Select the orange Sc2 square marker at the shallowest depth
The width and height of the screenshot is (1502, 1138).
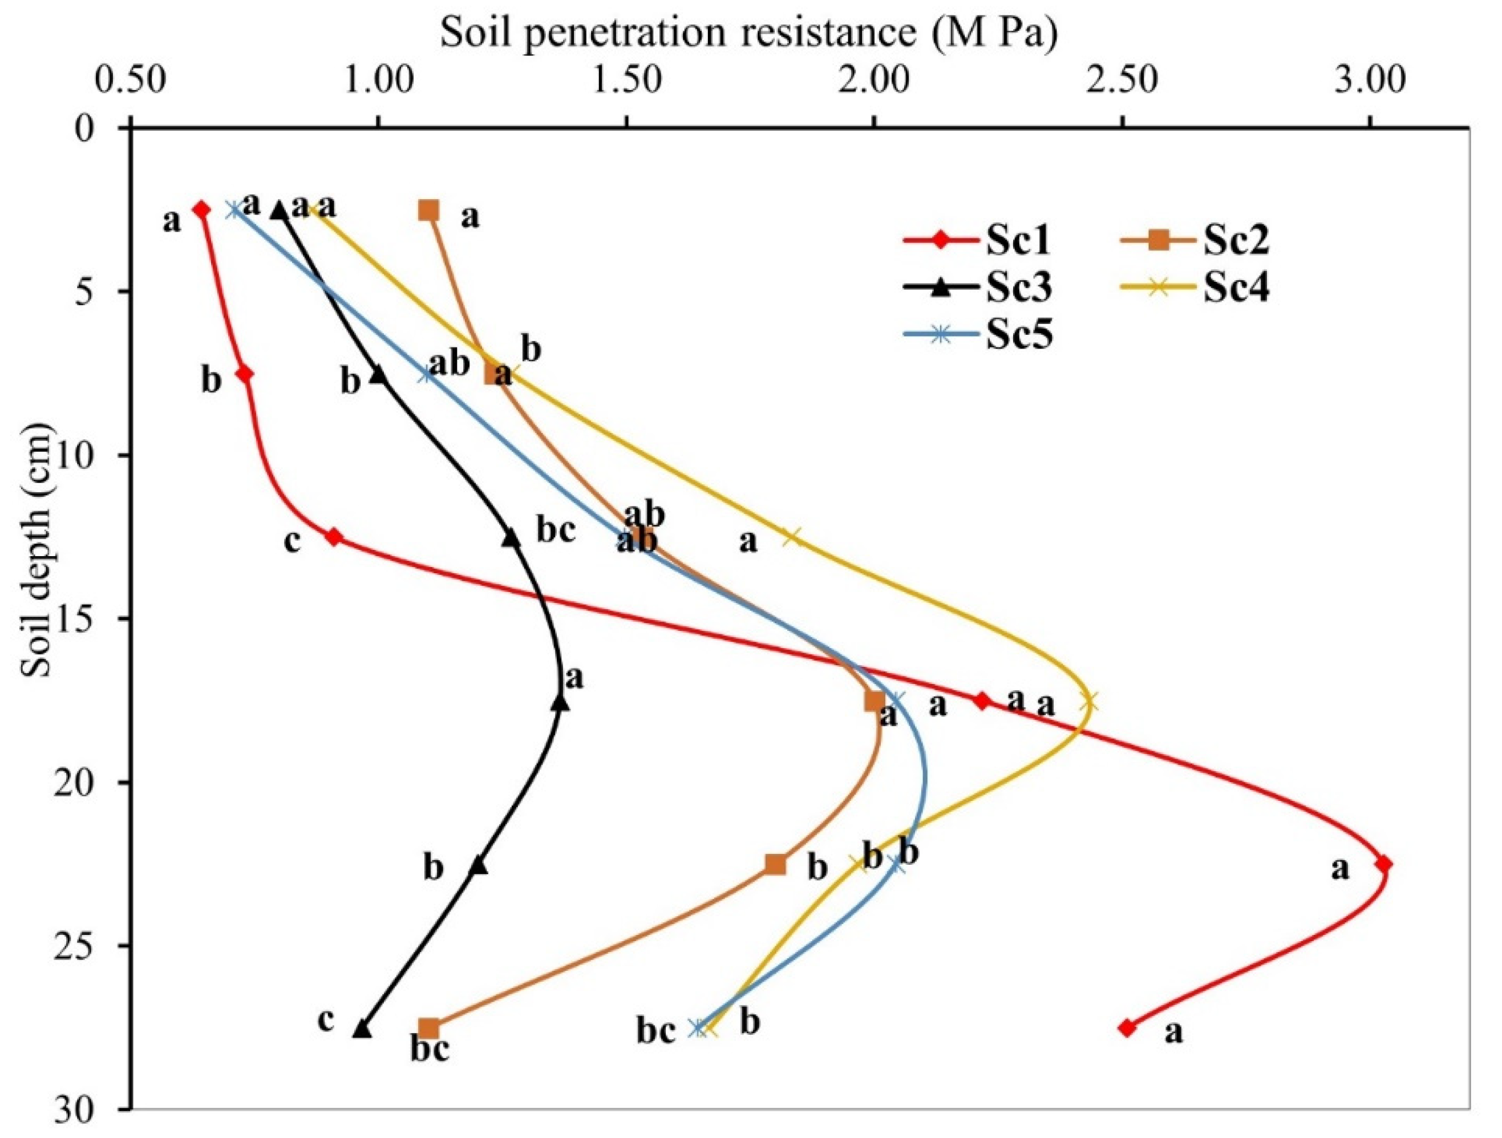(x=428, y=210)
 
